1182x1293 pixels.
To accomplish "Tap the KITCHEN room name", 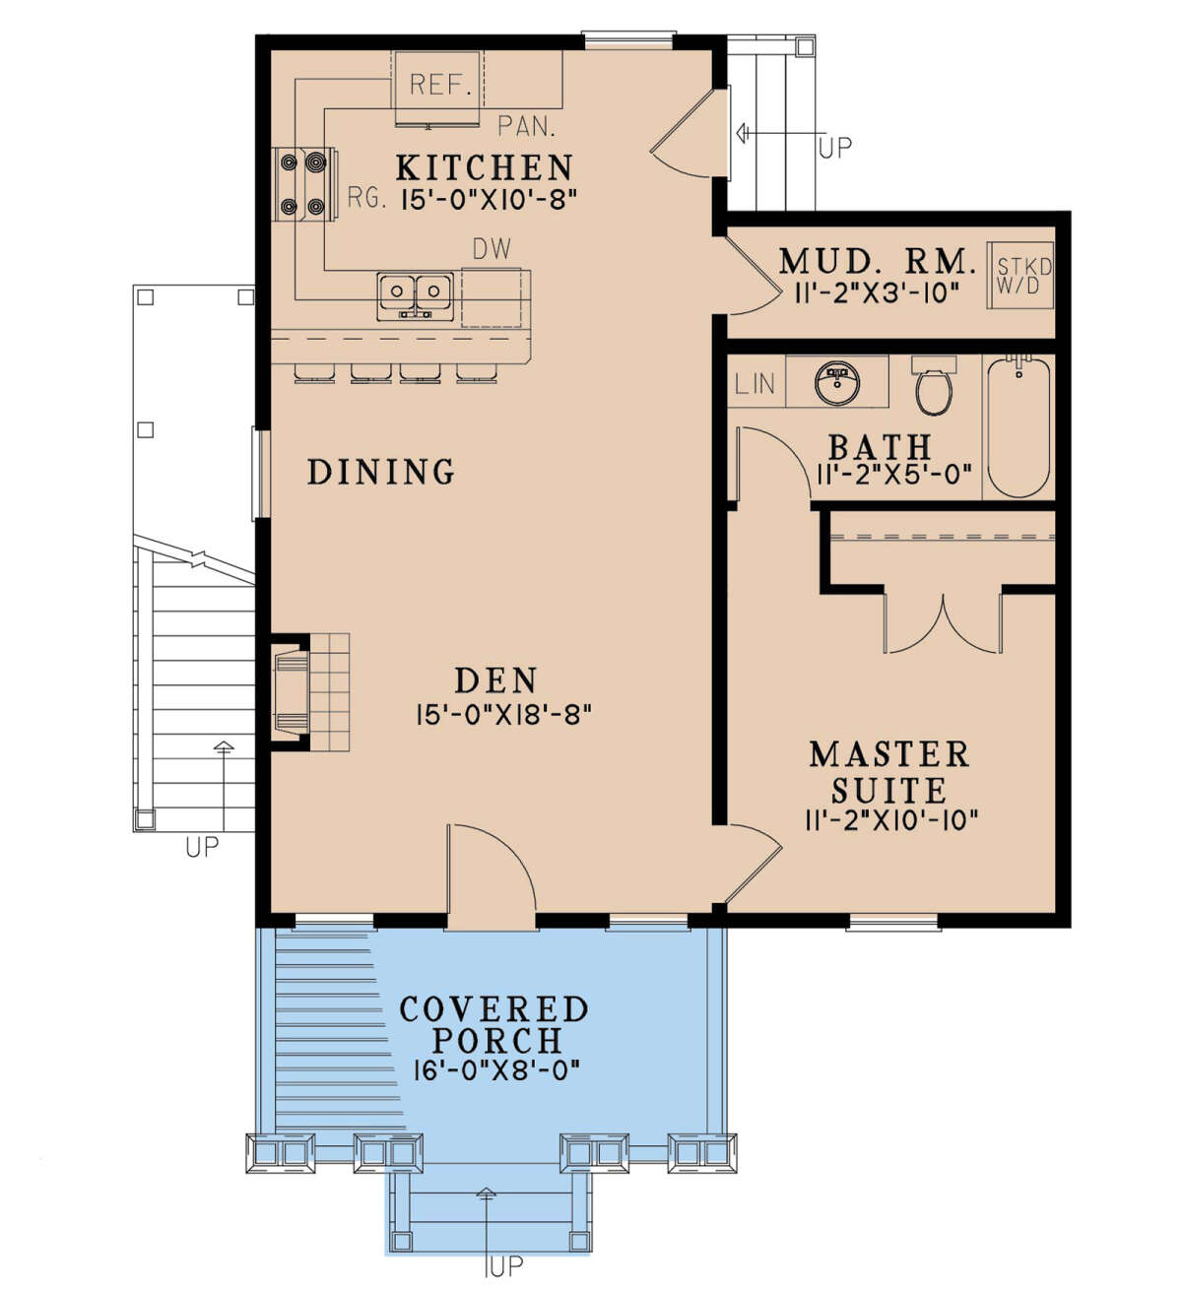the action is (x=485, y=167).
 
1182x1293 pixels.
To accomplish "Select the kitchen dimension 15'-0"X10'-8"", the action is (x=488, y=200).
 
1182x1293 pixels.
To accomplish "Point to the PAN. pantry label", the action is (x=527, y=126).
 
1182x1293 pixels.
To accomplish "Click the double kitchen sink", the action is (x=416, y=295).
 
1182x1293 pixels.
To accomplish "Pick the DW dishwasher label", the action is (x=492, y=249).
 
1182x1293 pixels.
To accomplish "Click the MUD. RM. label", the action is (x=877, y=262).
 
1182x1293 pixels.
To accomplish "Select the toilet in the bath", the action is (x=934, y=384).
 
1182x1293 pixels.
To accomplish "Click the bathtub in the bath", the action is (x=1018, y=426).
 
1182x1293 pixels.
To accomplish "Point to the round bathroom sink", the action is (x=836, y=382).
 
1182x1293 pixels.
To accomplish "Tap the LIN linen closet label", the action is (x=755, y=383).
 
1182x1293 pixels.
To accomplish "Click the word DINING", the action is (x=381, y=471).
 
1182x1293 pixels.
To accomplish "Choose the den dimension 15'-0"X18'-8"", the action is (x=503, y=716).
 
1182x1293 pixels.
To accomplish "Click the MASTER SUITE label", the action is (x=889, y=772).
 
